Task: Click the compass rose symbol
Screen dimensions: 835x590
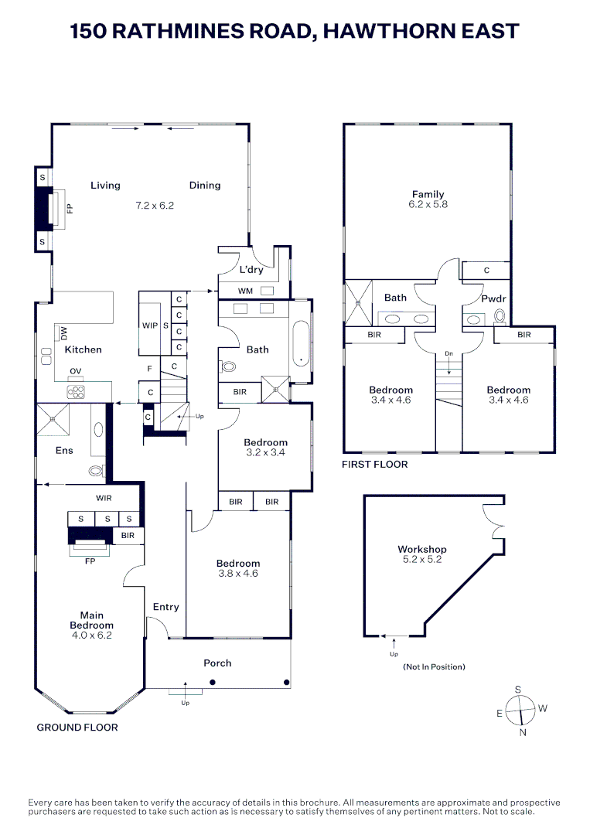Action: pyautogui.click(x=522, y=709)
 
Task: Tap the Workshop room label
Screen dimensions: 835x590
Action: pyautogui.click(x=421, y=550)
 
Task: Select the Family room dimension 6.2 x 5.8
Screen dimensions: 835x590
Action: pyautogui.click(x=429, y=205)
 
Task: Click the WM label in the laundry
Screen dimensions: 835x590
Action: pyautogui.click(x=245, y=291)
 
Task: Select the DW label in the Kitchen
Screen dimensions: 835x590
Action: pyautogui.click(x=64, y=333)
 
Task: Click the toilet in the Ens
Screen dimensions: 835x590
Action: pyautogui.click(x=95, y=469)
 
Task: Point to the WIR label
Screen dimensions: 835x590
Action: pyautogui.click(x=104, y=498)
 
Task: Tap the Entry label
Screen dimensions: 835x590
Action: pyautogui.click(x=165, y=607)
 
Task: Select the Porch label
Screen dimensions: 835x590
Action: pyautogui.click(x=217, y=663)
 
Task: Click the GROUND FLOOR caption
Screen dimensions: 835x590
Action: pyautogui.click(x=77, y=728)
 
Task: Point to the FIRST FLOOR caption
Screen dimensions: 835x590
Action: pyautogui.click(x=375, y=465)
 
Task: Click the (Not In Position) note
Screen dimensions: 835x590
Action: pyautogui.click(x=434, y=666)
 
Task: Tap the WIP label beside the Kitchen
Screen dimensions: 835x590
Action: pyautogui.click(x=149, y=325)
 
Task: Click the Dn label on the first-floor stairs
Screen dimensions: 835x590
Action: pyautogui.click(x=448, y=353)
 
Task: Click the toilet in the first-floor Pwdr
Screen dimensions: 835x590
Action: pyautogui.click(x=500, y=315)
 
